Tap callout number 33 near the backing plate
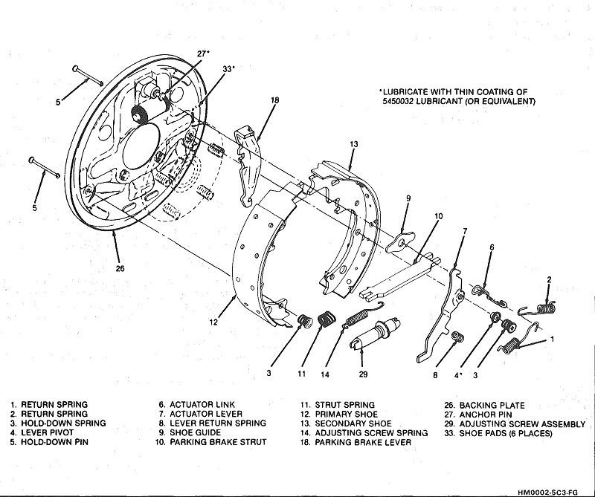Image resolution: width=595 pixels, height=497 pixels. (228, 69)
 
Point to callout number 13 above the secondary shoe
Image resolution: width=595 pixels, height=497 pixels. (354, 143)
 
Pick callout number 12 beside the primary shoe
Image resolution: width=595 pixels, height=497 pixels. (213, 322)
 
